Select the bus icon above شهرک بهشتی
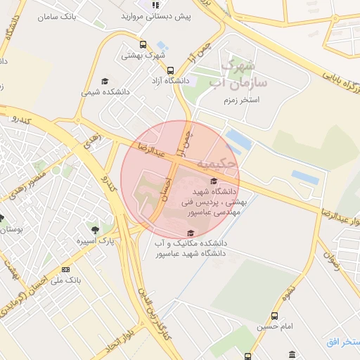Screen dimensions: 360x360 [x=143, y=46]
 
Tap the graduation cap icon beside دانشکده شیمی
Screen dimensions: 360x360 [x=105, y=82]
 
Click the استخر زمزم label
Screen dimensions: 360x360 [x=240, y=101]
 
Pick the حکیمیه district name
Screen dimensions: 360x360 [x=217, y=163]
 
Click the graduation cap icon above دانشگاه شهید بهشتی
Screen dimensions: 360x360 [x=214, y=181]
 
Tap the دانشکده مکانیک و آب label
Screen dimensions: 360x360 [x=189, y=243]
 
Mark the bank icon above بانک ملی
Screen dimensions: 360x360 [x=65, y=269]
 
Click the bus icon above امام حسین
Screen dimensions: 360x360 [x=274, y=316]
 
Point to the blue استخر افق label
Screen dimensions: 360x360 [x=343, y=342]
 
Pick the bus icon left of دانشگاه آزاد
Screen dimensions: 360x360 [x=170, y=70]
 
